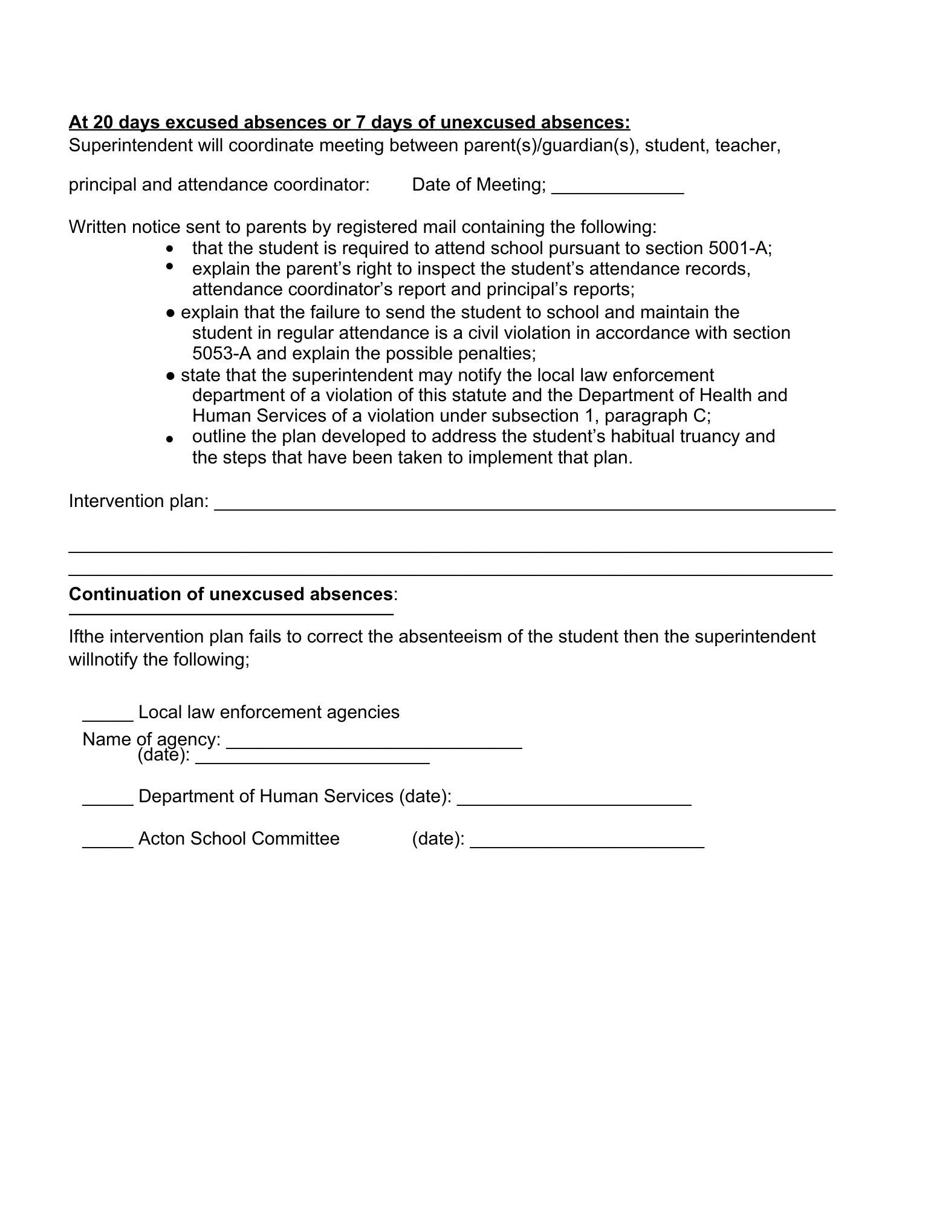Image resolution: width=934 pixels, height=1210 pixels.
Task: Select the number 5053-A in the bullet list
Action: click(x=221, y=353)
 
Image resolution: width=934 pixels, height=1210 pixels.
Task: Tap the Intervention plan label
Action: click(x=138, y=501)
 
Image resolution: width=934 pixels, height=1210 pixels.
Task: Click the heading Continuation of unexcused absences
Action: click(x=230, y=594)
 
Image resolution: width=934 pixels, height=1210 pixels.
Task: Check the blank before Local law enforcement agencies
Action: click(x=108, y=716)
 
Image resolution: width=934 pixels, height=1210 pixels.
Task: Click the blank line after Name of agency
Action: click(x=374, y=744)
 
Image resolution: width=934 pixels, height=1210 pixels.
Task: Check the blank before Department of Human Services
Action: click(x=108, y=800)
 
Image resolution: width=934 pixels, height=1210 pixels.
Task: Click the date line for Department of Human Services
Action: click(x=574, y=800)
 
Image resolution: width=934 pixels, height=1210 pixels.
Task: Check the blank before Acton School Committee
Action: click(x=108, y=842)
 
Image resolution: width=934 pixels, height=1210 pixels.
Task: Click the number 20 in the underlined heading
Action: click(x=103, y=122)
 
